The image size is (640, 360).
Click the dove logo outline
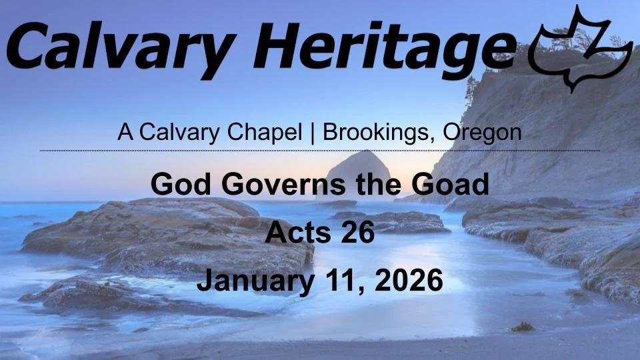pyautogui.click(x=580, y=50)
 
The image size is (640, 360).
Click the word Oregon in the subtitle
pyautogui.click(x=481, y=132)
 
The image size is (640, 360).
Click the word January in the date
pyautogui.click(x=255, y=281)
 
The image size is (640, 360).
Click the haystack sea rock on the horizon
pyautogui.click(x=361, y=170)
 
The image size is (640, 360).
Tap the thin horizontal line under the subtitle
pyautogui.click(x=320, y=151)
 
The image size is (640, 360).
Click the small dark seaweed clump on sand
pyautogui.click(x=522, y=326)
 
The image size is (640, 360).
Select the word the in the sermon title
pyautogui.click(x=383, y=184)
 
